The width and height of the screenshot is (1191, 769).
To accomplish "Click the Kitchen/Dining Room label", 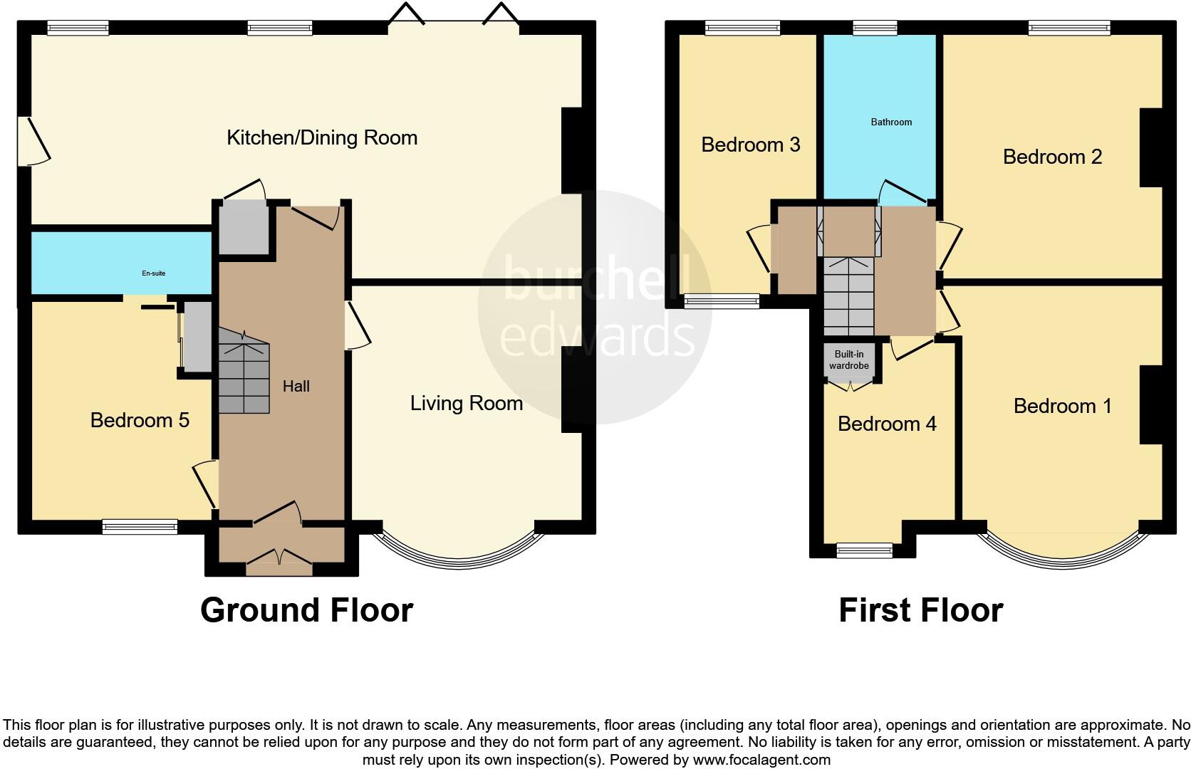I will tap(322, 137).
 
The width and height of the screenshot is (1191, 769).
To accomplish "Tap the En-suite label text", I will tap(154, 273).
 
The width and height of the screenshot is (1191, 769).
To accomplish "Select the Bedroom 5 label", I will tap(140, 420).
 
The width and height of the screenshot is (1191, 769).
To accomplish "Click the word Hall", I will tap(296, 386).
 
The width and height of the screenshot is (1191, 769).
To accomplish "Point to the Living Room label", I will tap(467, 404).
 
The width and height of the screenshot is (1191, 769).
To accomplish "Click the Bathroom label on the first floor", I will tap(891, 122).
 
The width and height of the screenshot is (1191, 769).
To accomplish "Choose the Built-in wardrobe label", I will tap(849, 360).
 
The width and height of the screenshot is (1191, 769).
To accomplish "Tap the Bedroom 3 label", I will tap(751, 145).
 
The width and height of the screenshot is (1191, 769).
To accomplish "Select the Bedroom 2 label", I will tap(1052, 157).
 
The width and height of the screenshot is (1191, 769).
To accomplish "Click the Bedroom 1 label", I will tap(1062, 406).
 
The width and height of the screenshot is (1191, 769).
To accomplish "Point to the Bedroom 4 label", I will tap(887, 424).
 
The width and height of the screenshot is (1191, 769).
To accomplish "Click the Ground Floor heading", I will tap(306, 610).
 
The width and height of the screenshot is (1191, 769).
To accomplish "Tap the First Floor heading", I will tap(920, 610).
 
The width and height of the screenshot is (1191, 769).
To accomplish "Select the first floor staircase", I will tap(849, 295).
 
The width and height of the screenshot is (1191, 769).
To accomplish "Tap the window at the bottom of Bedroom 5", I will tap(140, 527).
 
